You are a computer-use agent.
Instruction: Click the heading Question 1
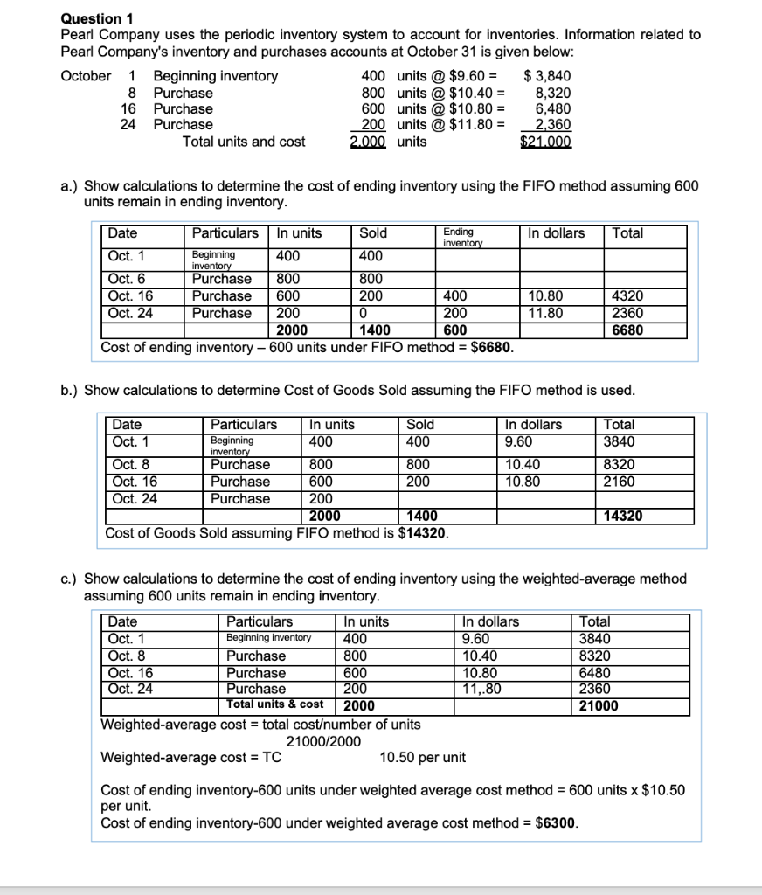92,17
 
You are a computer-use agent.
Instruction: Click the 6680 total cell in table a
627,330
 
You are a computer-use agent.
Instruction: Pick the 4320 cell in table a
627,296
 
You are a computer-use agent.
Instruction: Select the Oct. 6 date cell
125,279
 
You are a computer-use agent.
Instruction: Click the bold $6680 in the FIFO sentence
491,347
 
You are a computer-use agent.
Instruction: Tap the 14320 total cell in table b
623,516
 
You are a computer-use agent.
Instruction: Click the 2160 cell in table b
619,482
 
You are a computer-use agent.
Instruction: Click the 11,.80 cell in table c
481,689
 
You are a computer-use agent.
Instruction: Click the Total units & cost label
274,704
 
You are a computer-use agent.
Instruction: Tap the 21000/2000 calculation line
324,741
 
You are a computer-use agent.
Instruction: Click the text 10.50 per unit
423,757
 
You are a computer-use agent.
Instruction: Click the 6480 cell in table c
595,672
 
